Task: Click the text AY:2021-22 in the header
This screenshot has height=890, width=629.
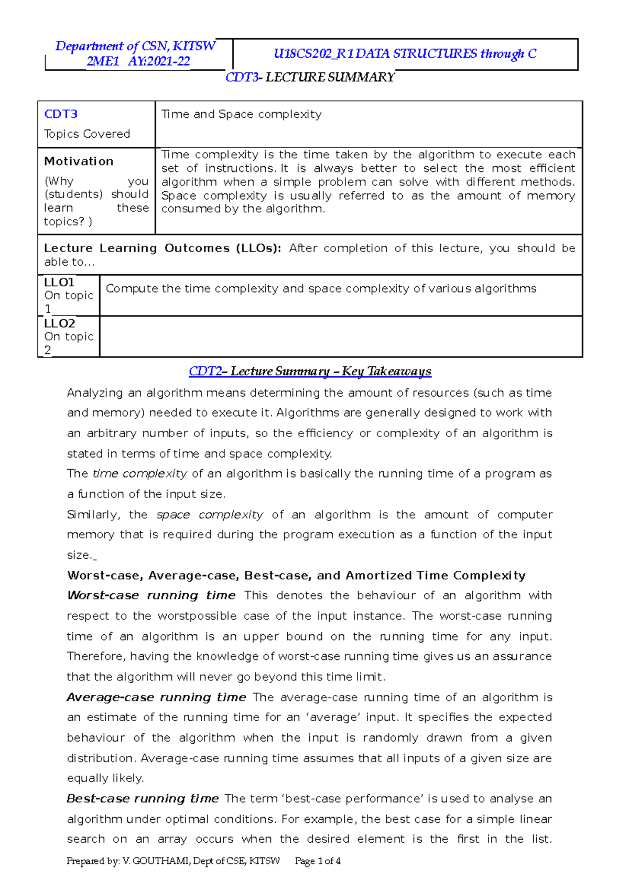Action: [159, 61]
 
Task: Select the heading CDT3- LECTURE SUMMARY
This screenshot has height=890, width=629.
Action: [310, 78]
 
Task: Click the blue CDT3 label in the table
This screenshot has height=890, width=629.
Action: [61, 114]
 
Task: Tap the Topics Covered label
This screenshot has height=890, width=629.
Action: [87, 134]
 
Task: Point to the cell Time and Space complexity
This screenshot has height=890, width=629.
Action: [242, 114]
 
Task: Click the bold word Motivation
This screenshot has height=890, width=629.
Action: [79, 161]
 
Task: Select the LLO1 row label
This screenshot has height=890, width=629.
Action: [59, 283]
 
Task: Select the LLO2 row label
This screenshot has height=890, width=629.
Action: [60, 323]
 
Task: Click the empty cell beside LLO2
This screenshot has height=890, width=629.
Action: [341, 337]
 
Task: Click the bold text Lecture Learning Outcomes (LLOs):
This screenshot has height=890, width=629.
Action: [162, 248]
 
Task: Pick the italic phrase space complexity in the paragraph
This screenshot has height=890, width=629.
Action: [210, 515]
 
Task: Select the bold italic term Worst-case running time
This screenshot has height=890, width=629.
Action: [151, 596]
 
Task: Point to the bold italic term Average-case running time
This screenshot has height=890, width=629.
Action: [156, 698]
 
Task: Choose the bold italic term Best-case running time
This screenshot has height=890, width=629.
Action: [143, 799]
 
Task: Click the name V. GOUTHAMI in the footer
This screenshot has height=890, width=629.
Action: [157, 861]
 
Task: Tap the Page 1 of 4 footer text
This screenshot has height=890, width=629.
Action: [318, 861]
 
